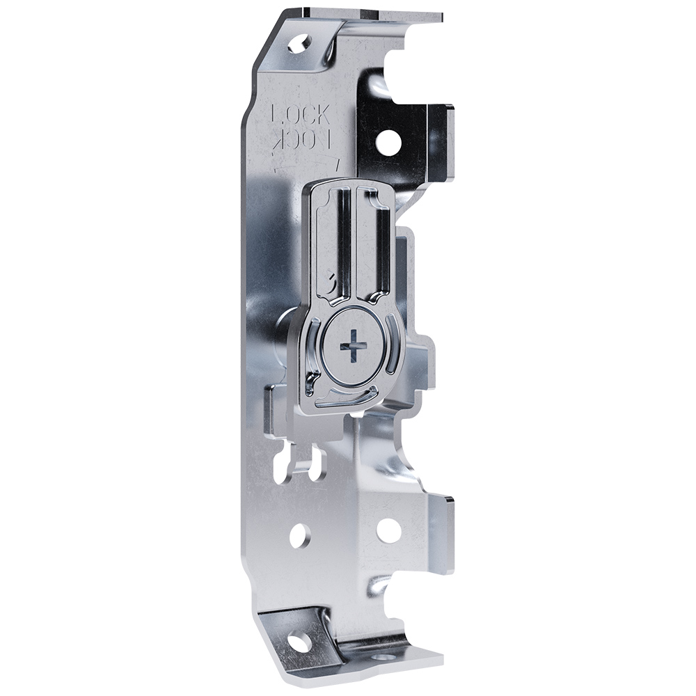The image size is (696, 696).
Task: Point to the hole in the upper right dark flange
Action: tap(388, 142)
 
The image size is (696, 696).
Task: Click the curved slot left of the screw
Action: tap(313, 351)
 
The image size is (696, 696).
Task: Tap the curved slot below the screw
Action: tap(345, 400)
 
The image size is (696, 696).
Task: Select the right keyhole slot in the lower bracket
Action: tap(319, 464)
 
